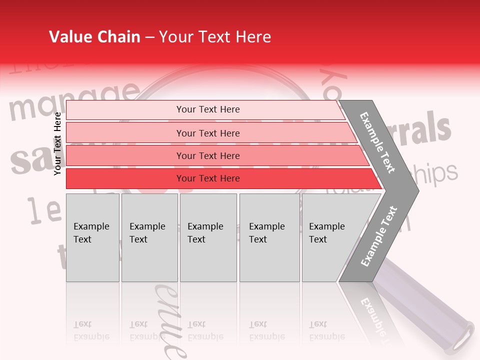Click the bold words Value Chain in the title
pyautogui.click(x=94, y=37)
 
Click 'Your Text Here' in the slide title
pyautogui.click(x=215, y=37)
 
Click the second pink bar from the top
pyautogui.click(x=207, y=133)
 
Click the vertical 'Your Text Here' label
pyautogui.click(x=57, y=143)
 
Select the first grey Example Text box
pyautogui.click(x=92, y=237)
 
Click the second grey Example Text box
pyautogui.click(x=149, y=237)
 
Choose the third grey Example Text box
pyautogui.click(x=208, y=237)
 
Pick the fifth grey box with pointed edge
pyautogui.click(x=332, y=237)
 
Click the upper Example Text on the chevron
pyautogui.click(x=377, y=142)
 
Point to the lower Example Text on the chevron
pyautogui.click(x=378, y=236)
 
